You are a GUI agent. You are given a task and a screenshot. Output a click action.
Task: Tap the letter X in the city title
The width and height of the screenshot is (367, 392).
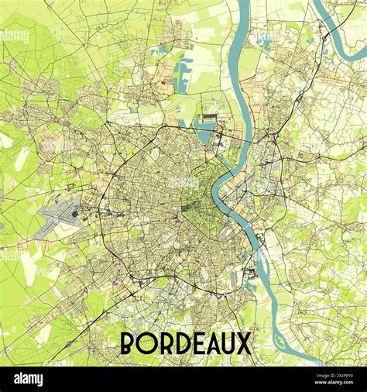(x=243, y=343)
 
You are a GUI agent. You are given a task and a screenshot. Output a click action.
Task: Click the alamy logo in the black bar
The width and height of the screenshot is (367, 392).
(x=28, y=379)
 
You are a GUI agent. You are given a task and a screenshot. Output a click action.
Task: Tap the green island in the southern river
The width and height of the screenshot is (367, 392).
(x=279, y=338)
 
